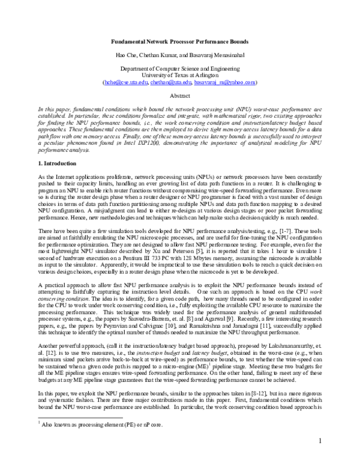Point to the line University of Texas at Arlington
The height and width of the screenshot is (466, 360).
click(x=179, y=75)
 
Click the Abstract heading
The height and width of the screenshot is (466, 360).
click(x=179, y=95)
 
